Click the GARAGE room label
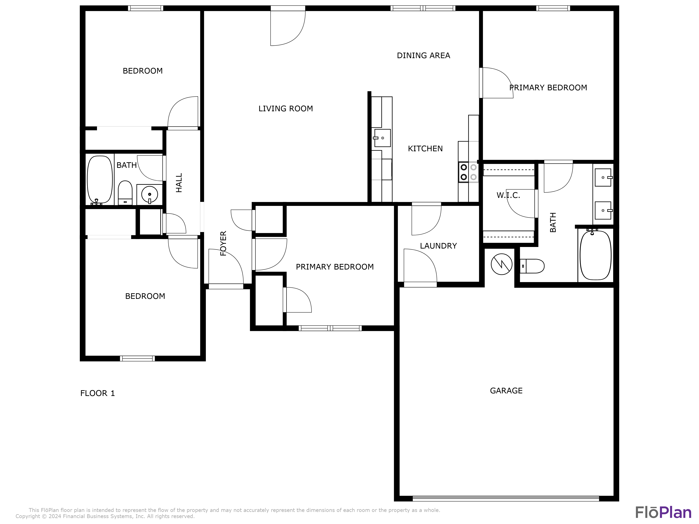click(506, 391)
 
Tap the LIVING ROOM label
click(285, 109)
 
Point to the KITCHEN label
click(425, 148)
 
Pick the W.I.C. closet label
click(508, 195)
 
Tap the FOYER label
click(223, 243)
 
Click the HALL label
click(179, 183)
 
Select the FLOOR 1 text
click(97, 393)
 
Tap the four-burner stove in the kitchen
click(468, 172)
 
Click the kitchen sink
click(382, 138)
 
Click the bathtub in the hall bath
click(100, 179)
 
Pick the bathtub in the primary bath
click(595, 255)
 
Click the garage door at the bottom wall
click(506, 498)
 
